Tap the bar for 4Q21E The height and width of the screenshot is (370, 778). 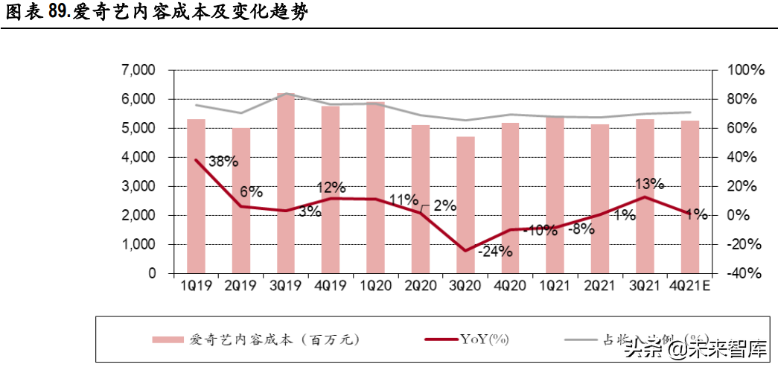pyautogui.click(x=690, y=197)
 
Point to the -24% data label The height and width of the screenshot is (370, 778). pyautogui.click(x=494, y=251)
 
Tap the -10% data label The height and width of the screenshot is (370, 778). pyautogui.click(x=540, y=230)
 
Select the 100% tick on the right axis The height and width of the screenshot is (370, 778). pyautogui.click(x=745, y=70)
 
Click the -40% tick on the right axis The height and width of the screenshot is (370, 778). pyautogui.click(x=745, y=273)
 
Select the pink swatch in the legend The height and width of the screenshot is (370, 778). pyautogui.click(x=168, y=339)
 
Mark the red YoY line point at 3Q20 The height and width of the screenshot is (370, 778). pyautogui.click(x=465, y=250)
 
